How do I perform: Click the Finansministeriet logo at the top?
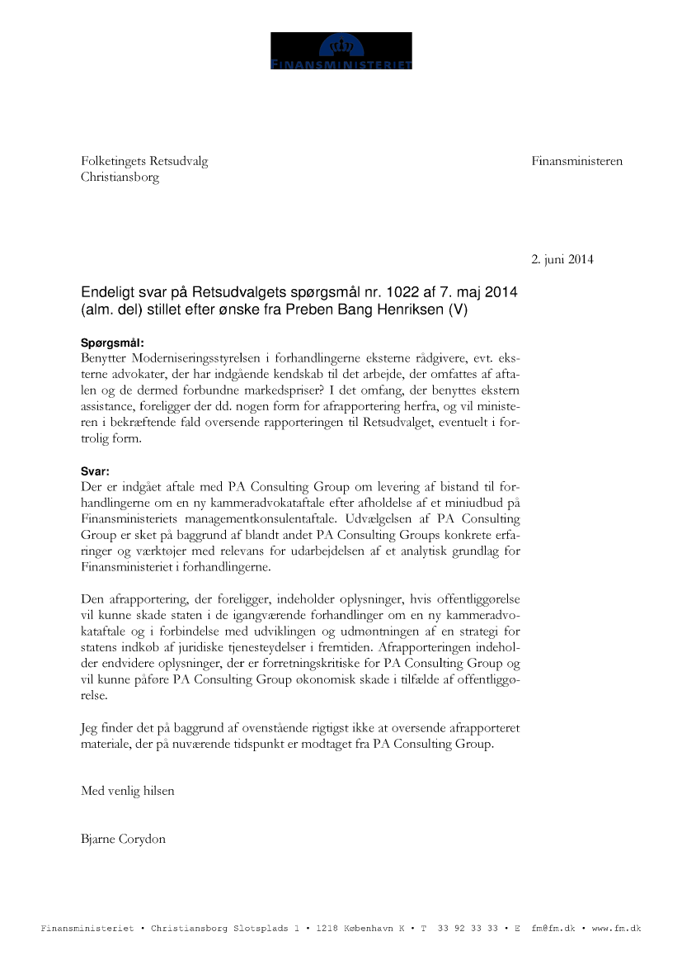pyautogui.click(x=341, y=51)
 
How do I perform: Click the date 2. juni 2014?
pyautogui.click(x=562, y=259)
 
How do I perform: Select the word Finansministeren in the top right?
pyautogui.click(x=577, y=161)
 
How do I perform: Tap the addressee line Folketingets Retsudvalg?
pyautogui.click(x=144, y=161)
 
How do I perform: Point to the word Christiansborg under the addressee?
pyautogui.click(x=120, y=177)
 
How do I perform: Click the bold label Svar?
pyautogui.click(x=95, y=471)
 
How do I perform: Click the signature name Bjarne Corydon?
pyautogui.click(x=123, y=839)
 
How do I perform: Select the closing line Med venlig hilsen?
pyautogui.click(x=128, y=790)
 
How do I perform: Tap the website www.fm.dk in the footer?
pyautogui.click(x=616, y=929)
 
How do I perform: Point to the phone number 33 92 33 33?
pyautogui.click(x=468, y=929)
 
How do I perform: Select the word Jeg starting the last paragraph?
pyautogui.click(x=89, y=727)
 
